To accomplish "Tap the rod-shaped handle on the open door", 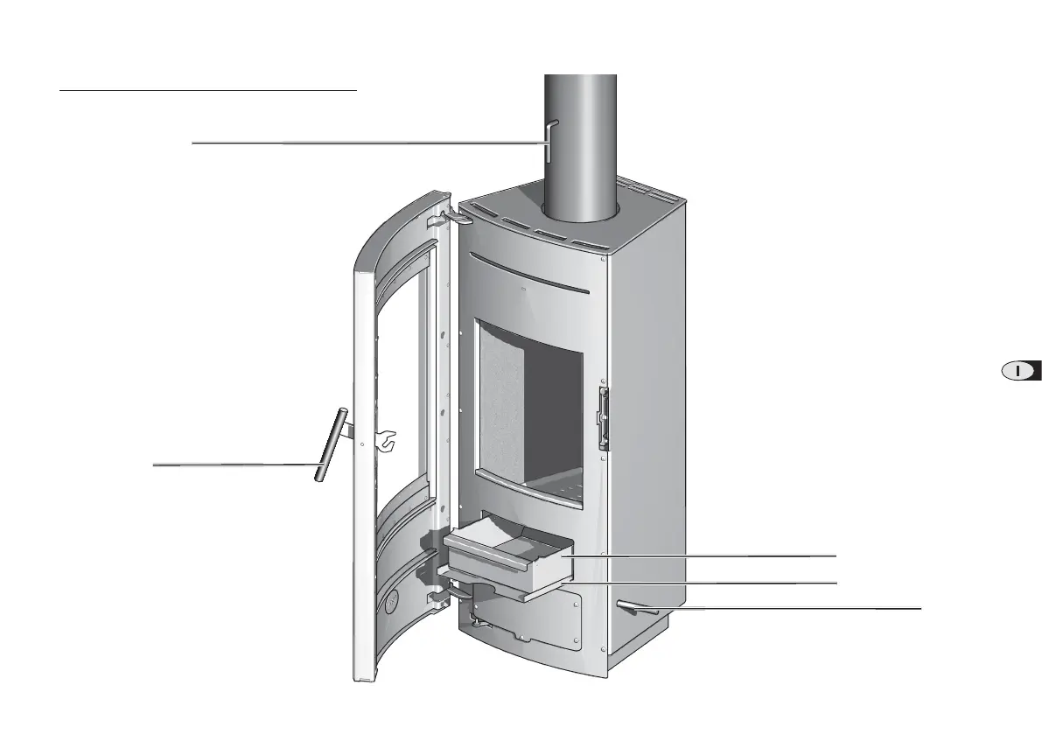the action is coord(331,444).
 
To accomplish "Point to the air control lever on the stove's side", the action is coord(636,607).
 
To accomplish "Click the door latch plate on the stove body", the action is coord(604,419).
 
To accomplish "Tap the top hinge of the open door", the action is coord(451,217).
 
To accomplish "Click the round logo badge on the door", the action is coord(392,602).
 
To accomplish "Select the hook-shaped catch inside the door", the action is coord(386,439).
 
